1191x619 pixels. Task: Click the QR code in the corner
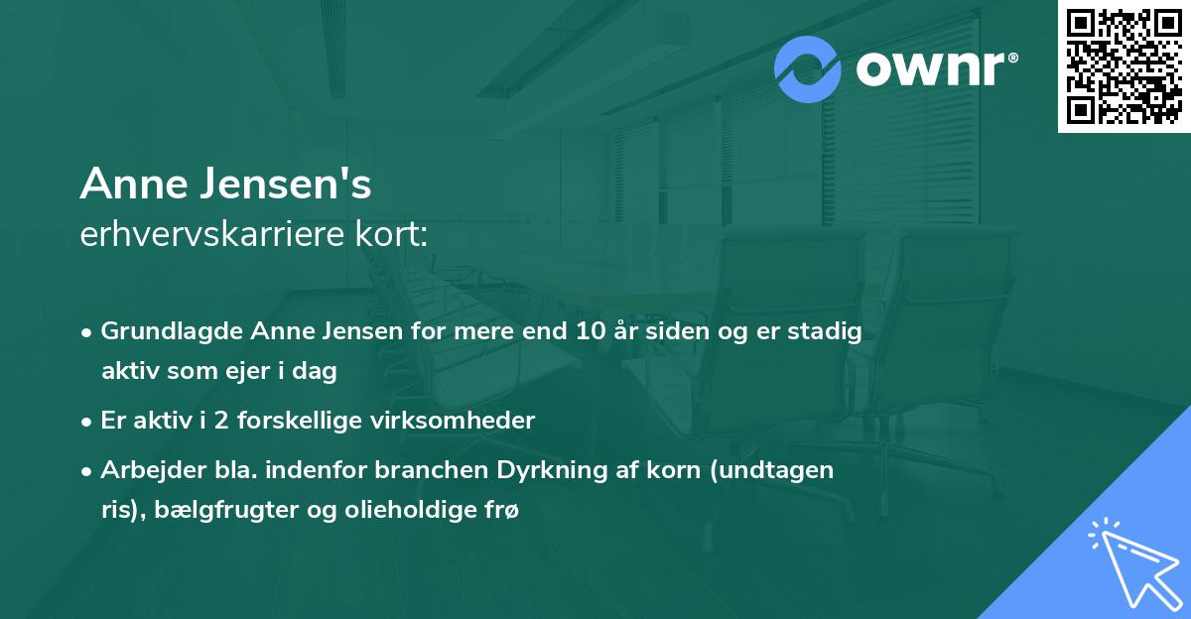pos(1125,65)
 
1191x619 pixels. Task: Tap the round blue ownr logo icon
pos(808,69)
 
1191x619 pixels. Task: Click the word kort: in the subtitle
pos(395,236)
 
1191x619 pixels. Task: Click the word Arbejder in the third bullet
pos(148,470)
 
